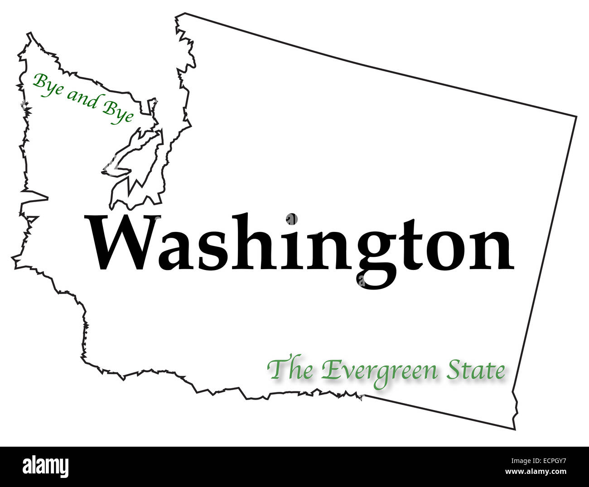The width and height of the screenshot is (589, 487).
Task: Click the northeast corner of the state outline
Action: click(576, 117)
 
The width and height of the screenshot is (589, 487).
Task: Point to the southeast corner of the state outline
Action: click(514, 428)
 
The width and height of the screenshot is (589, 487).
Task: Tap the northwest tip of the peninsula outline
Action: click(30, 34)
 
